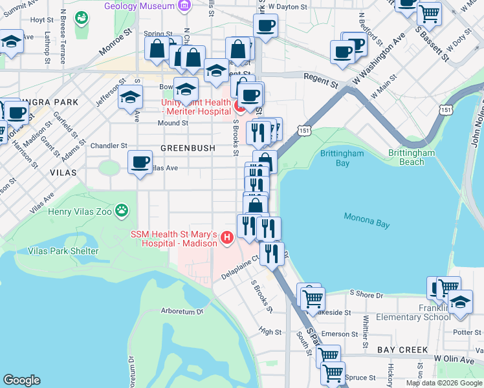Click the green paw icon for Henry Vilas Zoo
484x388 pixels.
click(122, 210)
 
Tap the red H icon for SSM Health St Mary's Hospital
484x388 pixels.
click(226, 238)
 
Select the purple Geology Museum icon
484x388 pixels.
click(184, 6)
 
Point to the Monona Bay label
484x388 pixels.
click(366, 220)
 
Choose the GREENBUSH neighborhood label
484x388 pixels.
click(188, 148)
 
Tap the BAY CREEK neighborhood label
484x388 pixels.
click(402, 349)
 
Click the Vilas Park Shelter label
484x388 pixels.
click(63, 251)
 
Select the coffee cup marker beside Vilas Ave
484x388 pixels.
click(140, 162)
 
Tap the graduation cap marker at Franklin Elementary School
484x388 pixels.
click(460, 302)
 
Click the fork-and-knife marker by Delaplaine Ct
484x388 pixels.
click(272, 253)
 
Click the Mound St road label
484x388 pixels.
click(173, 123)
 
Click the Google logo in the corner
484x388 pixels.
click(21, 380)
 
